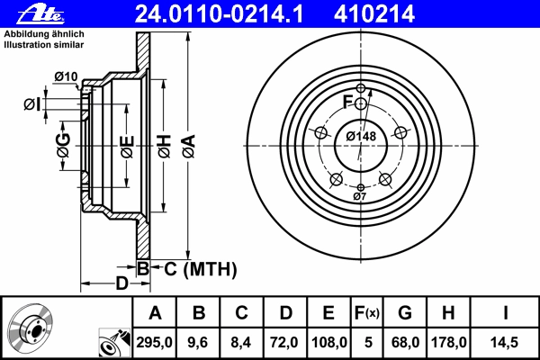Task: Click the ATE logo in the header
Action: pyautogui.click(x=40, y=15)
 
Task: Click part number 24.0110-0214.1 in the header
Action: pyautogui.click(x=219, y=14)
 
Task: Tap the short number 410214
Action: pyautogui.click(x=374, y=14)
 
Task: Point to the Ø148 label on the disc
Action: pyautogui.click(x=361, y=137)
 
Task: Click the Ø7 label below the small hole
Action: pyautogui.click(x=359, y=197)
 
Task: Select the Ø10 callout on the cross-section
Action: pyautogui.click(x=66, y=76)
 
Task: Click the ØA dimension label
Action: pyautogui.click(x=189, y=147)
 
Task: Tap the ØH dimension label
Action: pyautogui.click(x=165, y=147)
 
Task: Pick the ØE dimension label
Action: pyautogui.click(x=127, y=147)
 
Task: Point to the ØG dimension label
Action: pyautogui.click(x=64, y=146)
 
